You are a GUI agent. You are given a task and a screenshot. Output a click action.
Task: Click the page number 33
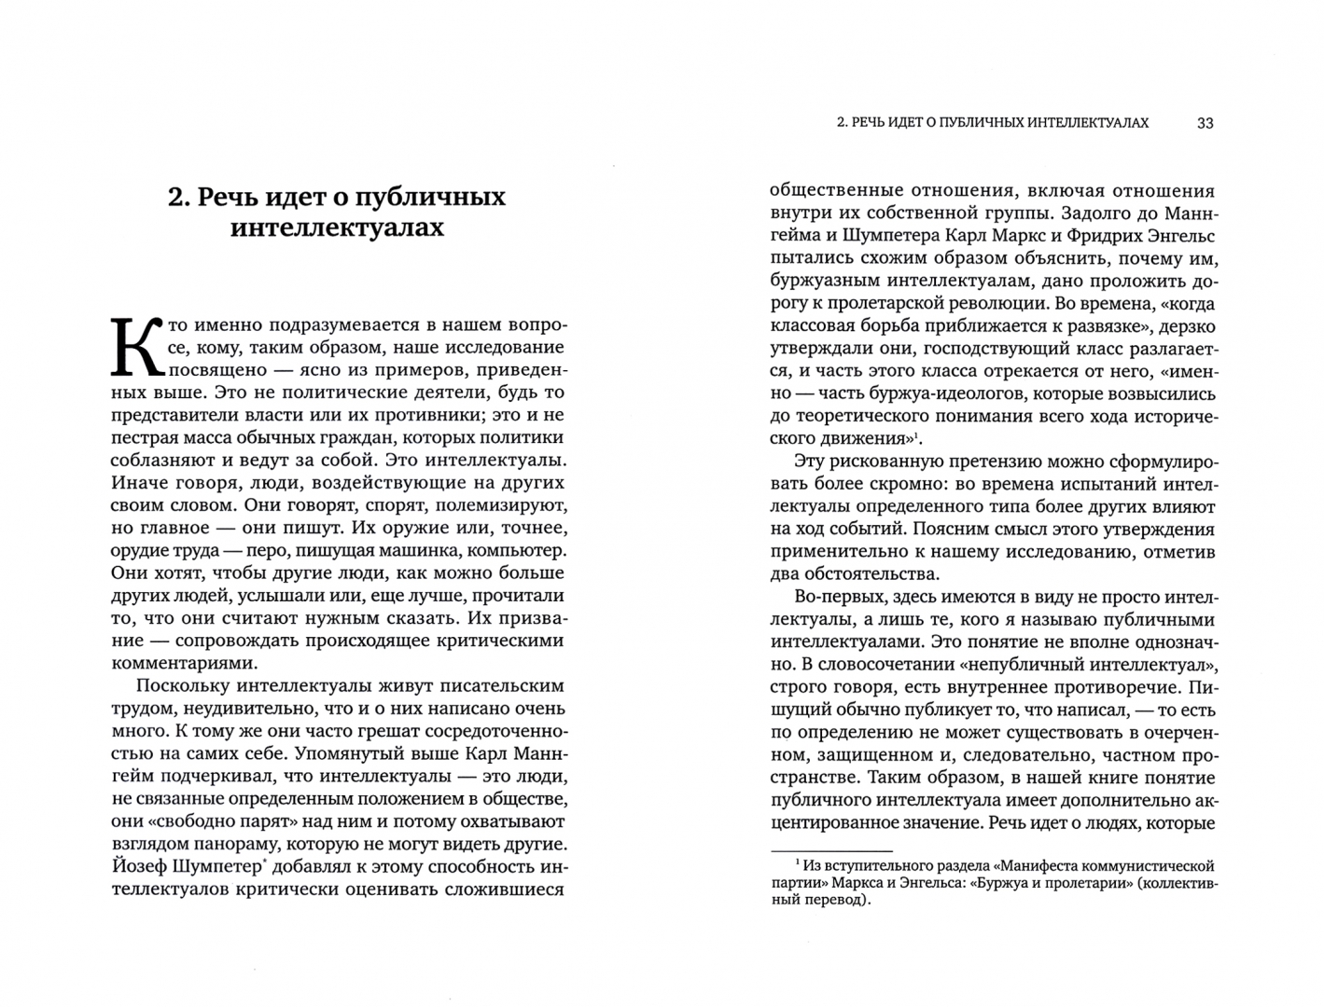(x=1205, y=123)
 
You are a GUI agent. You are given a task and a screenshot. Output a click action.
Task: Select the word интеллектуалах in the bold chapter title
(x=337, y=228)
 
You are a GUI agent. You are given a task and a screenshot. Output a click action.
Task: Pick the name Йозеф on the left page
(x=142, y=866)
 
